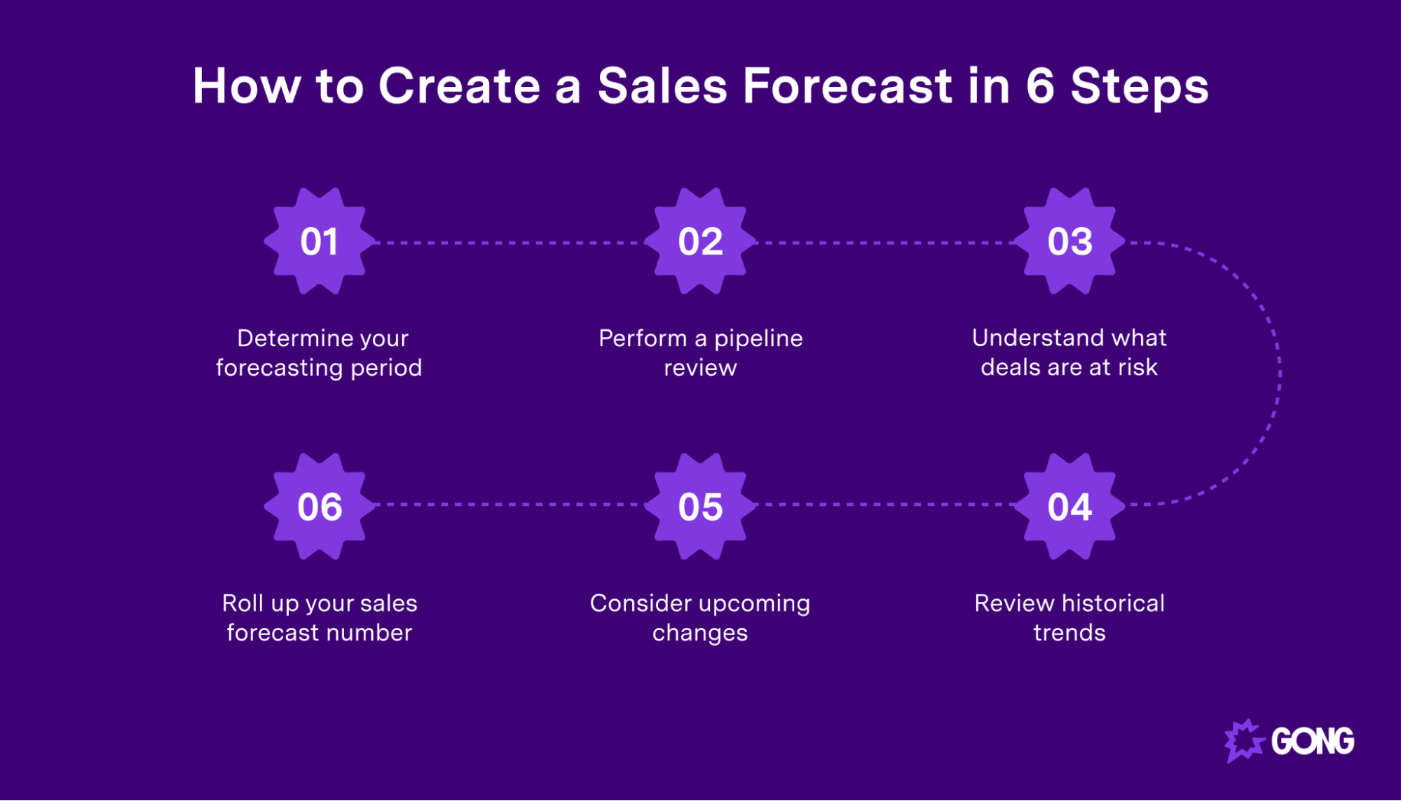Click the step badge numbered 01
320,241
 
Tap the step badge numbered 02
700,241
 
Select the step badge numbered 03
1069,241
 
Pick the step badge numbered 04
1069,506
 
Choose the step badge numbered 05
700,506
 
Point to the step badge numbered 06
320,506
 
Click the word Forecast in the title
847,86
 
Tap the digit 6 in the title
1040,86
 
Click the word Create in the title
459,86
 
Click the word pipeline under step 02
758,339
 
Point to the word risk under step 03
1137,367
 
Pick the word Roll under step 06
242,603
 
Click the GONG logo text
1312,741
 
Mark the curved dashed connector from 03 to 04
1279,374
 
